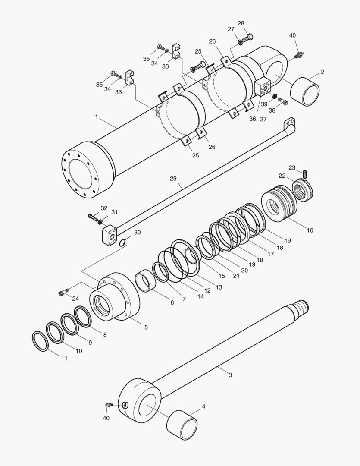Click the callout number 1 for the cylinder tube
point(97,116)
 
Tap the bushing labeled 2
point(305,91)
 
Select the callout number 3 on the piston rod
point(230,375)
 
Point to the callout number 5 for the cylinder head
point(146,327)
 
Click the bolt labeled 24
point(62,293)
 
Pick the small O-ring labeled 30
point(123,242)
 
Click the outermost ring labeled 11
point(41,341)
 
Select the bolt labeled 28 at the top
point(247,38)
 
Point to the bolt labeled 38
point(283,102)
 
